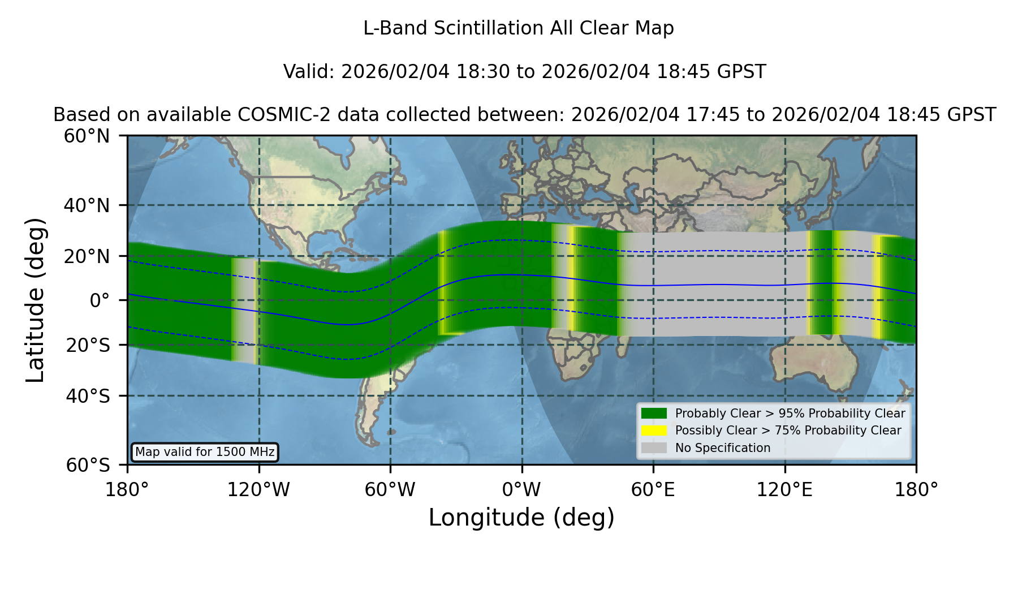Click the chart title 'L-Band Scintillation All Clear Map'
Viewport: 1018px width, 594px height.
pos(518,28)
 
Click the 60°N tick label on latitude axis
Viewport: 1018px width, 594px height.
pos(87,136)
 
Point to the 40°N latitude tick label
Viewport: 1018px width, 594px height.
pos(87,205)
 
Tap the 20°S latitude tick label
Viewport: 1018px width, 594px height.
pos(88,345)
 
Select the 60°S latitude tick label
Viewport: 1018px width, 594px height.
pos(88,465)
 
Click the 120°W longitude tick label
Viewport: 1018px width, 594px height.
pos(258,490)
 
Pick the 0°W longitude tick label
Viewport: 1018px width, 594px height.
pos(521,490)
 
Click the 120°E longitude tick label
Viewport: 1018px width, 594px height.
pos(784,490)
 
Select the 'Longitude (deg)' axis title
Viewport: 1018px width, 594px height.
pos(521,518)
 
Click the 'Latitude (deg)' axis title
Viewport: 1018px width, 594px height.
pos(35,300)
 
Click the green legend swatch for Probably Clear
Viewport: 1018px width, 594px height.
pos(654,414)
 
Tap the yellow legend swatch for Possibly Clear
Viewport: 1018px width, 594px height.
pos(654,431)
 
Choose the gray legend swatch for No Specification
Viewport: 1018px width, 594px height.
pos(654,448)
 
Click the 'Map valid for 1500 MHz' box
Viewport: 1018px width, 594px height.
pos(205,452)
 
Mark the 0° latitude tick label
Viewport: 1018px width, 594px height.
pos(100,300)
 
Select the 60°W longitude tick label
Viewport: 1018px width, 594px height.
pos(390,490)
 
